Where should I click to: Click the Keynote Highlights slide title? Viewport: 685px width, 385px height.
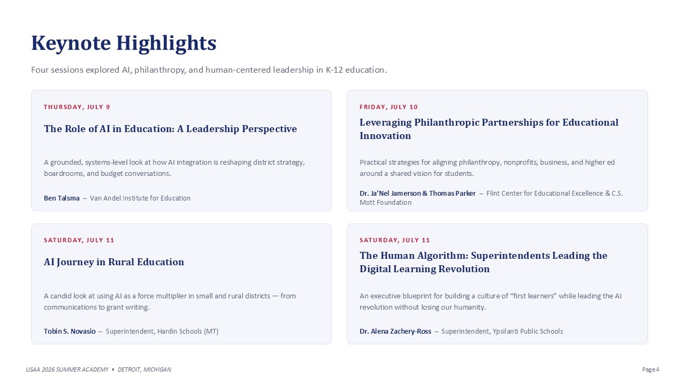124,43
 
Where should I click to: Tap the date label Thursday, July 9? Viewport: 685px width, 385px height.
77,107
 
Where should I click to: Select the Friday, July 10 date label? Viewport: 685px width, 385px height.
389,107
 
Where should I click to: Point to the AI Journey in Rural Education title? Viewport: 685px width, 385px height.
114,262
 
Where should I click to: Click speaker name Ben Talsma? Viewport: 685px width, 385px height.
62,198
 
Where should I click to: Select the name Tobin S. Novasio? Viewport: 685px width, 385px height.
70,331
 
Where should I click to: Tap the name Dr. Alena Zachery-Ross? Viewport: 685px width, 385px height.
395,331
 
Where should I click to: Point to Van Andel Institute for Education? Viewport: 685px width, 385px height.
140,198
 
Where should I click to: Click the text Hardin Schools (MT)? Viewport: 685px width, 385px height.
188,331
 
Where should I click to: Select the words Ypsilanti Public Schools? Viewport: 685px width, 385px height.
528,331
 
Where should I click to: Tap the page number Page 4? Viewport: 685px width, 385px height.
650,369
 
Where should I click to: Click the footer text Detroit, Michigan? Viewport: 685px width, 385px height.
144,369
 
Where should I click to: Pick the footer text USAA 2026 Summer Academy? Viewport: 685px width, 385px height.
67,369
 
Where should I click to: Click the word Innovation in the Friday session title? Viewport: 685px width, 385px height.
385,136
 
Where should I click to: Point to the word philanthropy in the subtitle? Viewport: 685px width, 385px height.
159,70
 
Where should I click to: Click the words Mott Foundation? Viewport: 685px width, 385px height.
385,203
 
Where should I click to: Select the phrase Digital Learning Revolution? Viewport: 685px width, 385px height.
424,269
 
